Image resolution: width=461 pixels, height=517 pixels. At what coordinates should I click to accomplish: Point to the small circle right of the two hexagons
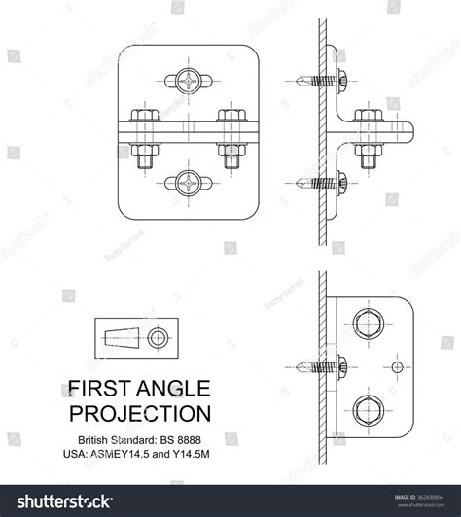397,366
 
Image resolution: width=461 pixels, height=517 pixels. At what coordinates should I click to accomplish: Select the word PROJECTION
142,413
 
